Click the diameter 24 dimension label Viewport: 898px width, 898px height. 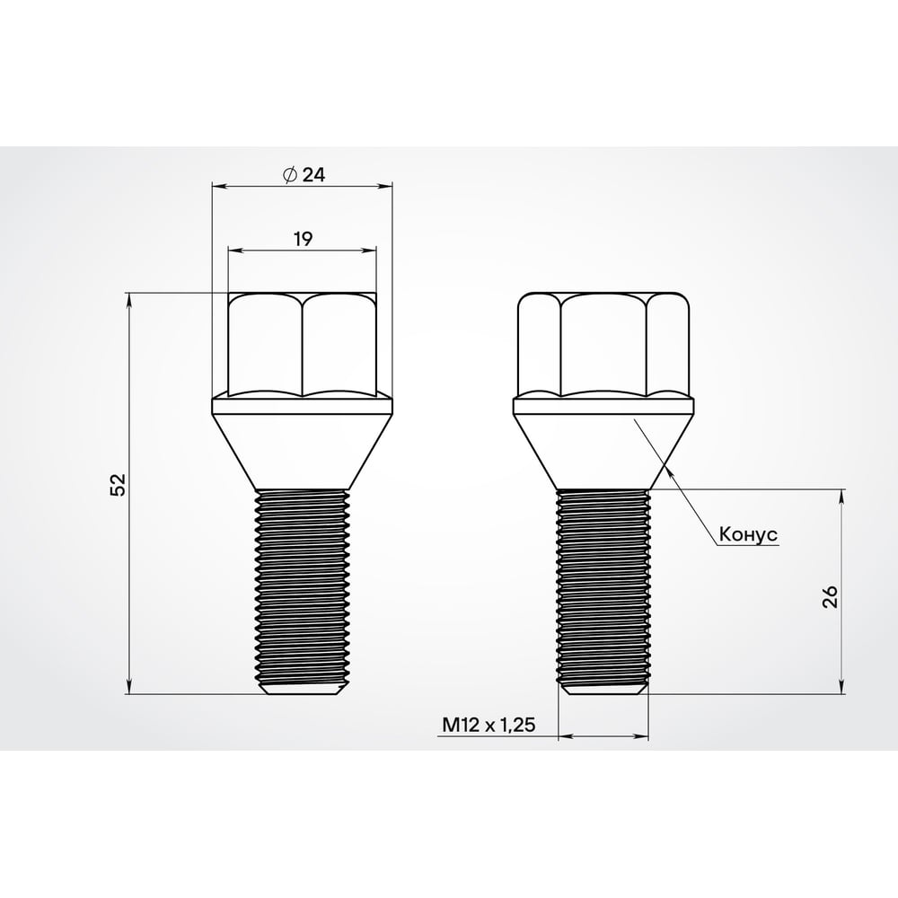point(303,175)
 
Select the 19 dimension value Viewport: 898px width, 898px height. point(303,239)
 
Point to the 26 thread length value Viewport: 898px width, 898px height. point(830,595)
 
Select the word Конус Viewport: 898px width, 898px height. point(747,534)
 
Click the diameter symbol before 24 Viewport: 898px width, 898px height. point(289,175)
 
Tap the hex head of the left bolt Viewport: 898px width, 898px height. point(303,346)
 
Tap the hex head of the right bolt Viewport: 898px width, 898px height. point(603,346)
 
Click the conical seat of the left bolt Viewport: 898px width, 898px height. point(303,445)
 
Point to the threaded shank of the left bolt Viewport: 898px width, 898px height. point(303,584)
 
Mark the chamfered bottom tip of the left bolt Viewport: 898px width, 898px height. point(303,688)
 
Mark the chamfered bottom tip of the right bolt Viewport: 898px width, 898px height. point(603,688)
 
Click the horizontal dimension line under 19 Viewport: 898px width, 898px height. point(269,251)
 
